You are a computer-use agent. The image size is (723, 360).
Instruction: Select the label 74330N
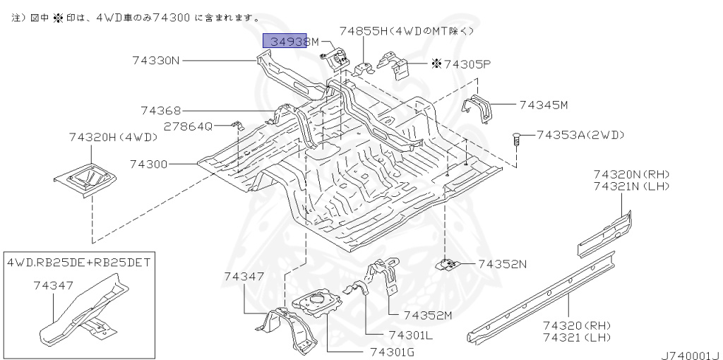coord(155,61)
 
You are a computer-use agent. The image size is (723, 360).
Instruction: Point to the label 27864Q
coord(189,126)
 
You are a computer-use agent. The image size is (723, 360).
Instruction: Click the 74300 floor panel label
coord(148,164)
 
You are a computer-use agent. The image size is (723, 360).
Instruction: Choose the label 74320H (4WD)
coord(114,138)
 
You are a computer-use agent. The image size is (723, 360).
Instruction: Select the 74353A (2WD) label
coord(580,135)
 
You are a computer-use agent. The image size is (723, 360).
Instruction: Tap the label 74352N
coord(502,264)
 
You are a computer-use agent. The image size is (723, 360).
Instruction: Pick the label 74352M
coord(428,316)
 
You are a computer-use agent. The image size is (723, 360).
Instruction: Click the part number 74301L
coord(410,335)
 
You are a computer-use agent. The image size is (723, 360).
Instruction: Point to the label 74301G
coord(393,353)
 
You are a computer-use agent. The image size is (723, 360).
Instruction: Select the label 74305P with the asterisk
coord(461,64)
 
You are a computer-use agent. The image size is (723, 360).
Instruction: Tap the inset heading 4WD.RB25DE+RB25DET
coord(78,263)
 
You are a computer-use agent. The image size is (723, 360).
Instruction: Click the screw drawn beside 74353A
coord(516,139)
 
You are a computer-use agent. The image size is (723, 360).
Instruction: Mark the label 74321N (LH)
coord(631,186)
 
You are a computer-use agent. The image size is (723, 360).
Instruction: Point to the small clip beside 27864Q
coord(236,125)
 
